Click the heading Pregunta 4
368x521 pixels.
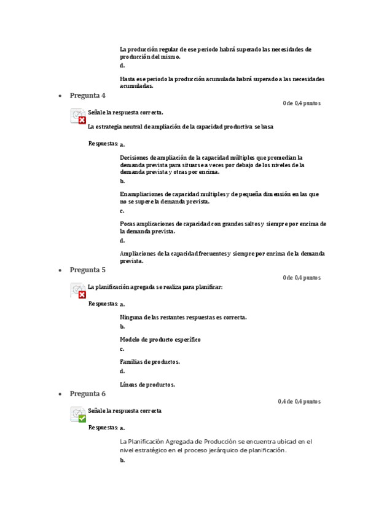pos(87,95)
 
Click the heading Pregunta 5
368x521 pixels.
pos(87,270)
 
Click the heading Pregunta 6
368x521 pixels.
pos(87,394)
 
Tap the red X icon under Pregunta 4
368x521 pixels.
pos(82,120)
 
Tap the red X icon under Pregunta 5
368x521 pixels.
pos(82,294)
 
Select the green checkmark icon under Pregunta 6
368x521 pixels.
pos(82,418)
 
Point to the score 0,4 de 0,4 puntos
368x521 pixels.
pos(299,402)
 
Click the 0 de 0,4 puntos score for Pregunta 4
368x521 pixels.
pos(301,103)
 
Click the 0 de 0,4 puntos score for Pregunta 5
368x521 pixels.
pos(301,278)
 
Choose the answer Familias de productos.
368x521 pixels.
pos(149,362)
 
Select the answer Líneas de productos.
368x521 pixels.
pos(147,385)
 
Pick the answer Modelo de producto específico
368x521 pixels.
pos(160,339)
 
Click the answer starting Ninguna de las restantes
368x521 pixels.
pos(183,317)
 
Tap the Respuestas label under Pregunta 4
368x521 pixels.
pos(103,143)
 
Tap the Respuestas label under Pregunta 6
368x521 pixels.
pos(103,427)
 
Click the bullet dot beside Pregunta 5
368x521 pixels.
pos(60,270)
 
